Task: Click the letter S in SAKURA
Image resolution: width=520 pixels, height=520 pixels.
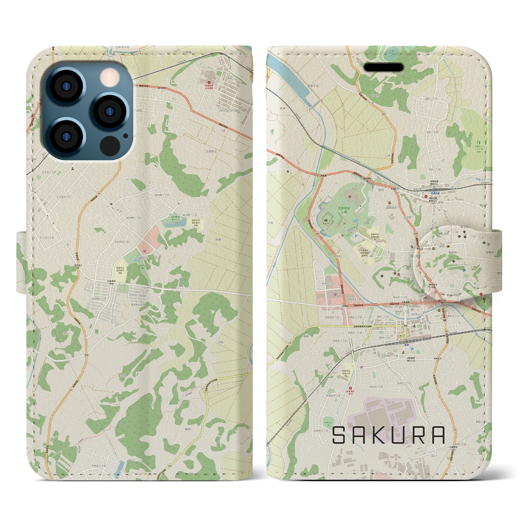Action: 340,435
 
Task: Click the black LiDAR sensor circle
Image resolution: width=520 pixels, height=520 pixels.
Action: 109,145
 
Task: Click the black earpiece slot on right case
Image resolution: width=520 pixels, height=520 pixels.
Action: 383,67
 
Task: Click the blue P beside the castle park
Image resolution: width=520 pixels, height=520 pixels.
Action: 356,235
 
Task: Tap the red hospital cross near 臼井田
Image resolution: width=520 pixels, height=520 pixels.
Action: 209,81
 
